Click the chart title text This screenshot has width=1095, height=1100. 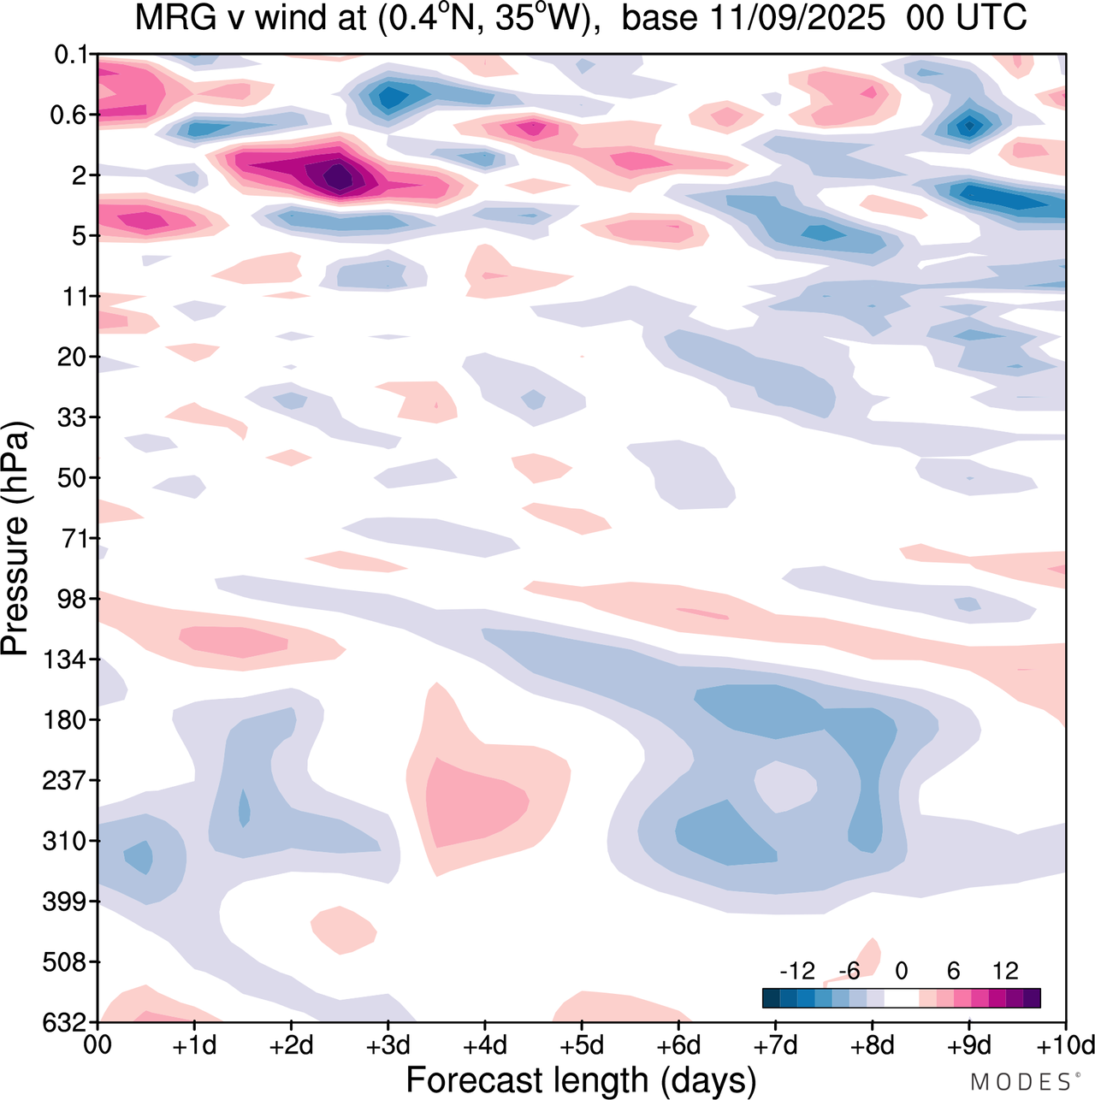pyautogui.click(x=581, y=18)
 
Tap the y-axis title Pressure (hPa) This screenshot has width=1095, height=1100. pyautogui.click(x=15, y=539)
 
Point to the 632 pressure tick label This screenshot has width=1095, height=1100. pyautogui.click(x=65, y=1022)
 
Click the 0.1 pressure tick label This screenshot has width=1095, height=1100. pyautogui.click(x=71, y=55)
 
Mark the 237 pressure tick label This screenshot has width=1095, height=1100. pyautogui.click(x=65, y=780)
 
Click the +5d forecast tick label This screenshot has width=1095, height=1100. pyautogui.click(x=582, y=1045)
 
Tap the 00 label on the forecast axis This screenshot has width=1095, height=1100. pyautogui.click(x=98, y=1045)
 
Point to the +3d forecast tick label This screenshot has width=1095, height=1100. pyautogui.click(x=388, y=1045)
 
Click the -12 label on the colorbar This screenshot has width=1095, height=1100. pyautogui.click(x=796, y=971)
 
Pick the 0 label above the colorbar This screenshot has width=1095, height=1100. pyautogui.click(x=901, y=971)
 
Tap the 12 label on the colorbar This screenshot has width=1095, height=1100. pyautogui.click(x=1005, y=971)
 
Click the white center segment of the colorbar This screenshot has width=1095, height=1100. pyautogui.click(x=901, y=998)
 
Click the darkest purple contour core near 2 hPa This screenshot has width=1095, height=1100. pyautogui.click(x=339, y=177)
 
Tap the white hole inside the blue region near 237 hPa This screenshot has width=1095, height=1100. pyautogui.click(x=784, y=786)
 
